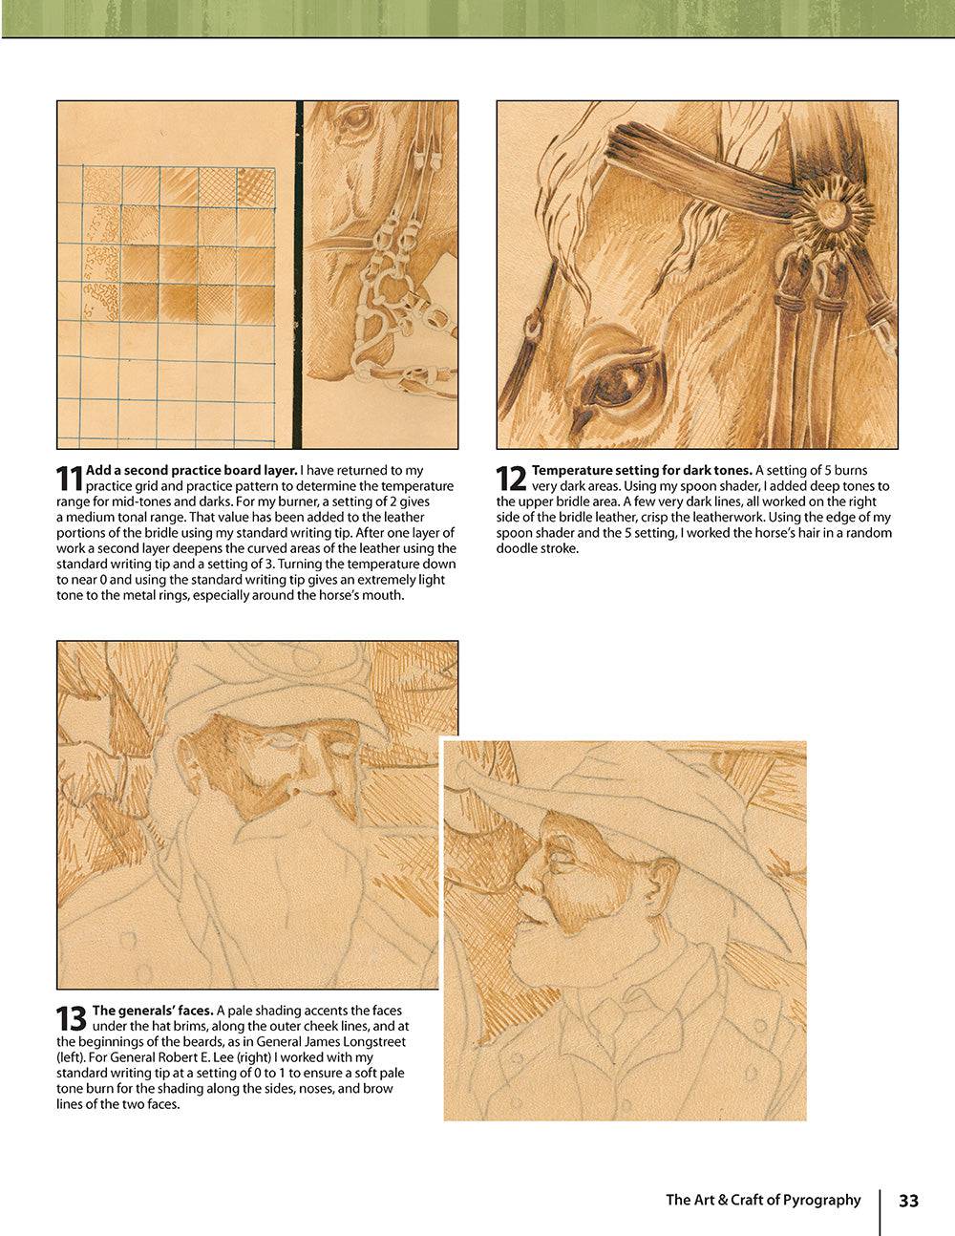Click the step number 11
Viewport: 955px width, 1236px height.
[x=70, y=479]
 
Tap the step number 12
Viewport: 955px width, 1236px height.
[x=511, y=479]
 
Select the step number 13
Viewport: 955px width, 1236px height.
[x=72, y=1018]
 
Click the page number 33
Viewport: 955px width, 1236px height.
[x=908, y=1201]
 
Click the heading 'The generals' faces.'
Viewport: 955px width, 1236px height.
[x=152, y=1011]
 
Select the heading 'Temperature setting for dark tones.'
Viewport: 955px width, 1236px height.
[x=642, y=470]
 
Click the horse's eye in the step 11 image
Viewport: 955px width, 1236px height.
[x=354, y=120]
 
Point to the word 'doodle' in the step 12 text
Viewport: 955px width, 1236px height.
[x=517, y=548]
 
